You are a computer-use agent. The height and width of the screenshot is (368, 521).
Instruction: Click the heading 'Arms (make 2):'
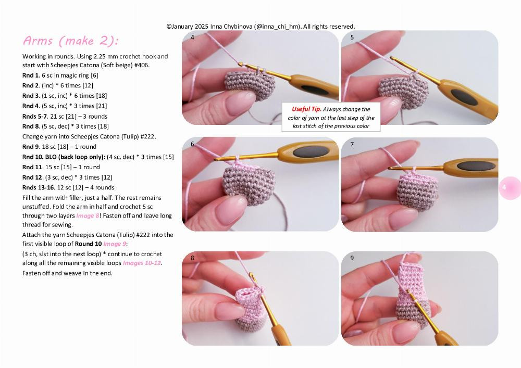[x=70, y=41]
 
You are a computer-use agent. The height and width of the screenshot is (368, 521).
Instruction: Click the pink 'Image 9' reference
[x=115, y=244]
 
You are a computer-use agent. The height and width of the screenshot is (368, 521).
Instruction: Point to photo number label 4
[x=193, y=37]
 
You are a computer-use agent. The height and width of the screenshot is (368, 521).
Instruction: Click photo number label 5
[x=352, y=37]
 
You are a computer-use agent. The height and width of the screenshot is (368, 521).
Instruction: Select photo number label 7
[x=352, y=144]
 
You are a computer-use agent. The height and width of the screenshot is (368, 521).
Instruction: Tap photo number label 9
[x=352, y=258]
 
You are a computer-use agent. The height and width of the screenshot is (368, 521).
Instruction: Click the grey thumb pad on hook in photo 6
[x=305, y=152]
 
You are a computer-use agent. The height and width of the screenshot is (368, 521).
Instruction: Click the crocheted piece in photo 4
[x=246, y=85]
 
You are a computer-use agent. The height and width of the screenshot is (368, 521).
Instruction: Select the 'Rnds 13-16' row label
[x=36, y=187]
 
